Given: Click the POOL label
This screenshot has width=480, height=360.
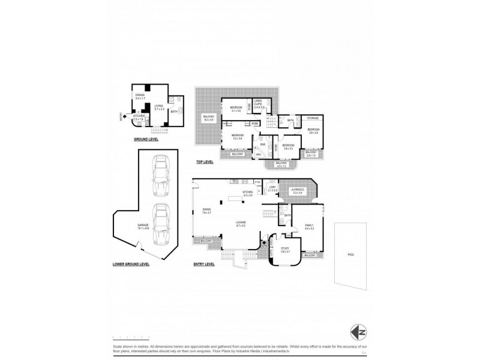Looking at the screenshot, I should tap(351, 254).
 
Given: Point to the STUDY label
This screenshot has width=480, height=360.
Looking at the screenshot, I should tap(284, 248).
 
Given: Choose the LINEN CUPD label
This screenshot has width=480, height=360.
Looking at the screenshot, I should tap(259, 103).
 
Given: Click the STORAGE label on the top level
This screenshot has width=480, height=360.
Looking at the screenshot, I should tap(313, 118).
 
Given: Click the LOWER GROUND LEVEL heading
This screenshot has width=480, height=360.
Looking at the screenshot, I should tap(130, 264).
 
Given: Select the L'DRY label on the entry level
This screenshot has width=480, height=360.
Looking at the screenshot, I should tap(272, 188).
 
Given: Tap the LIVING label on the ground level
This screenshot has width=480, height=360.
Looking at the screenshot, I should tap(159, 107).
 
